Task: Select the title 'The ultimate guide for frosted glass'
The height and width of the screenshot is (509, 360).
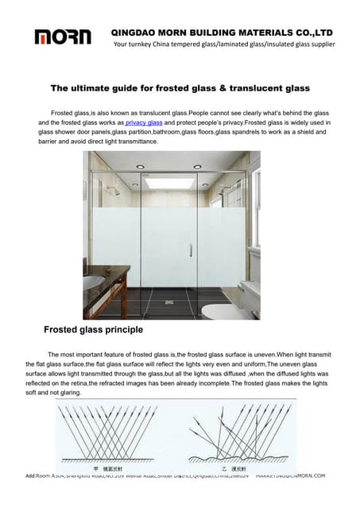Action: coord(180,87)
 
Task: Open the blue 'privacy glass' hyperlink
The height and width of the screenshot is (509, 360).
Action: coord(144,123)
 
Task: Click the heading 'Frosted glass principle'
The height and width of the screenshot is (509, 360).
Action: coord(93,328)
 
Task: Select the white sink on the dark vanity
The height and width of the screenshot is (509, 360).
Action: coord(92,282)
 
